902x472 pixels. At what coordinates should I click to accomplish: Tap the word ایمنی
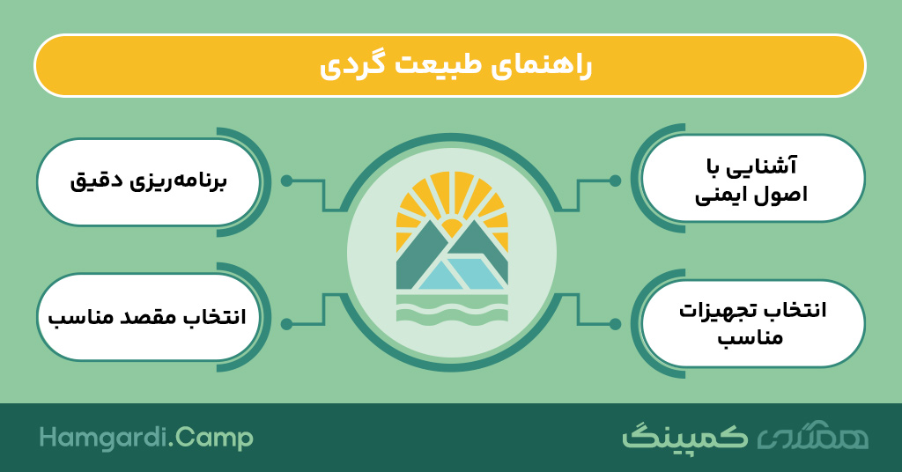coord(717,195)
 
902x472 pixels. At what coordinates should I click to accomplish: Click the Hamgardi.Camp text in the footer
coord(146,439)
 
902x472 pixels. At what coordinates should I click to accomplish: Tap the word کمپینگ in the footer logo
coord(685,438)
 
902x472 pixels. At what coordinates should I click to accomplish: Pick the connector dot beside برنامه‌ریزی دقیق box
coord(287,181)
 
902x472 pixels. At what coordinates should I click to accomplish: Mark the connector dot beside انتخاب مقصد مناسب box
coord(287,324)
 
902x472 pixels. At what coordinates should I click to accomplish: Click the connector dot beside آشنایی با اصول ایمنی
coord(615,181)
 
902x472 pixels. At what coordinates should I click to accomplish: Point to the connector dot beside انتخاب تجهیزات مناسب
coord(615,324)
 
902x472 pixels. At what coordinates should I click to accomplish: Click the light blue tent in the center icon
coord(460,274)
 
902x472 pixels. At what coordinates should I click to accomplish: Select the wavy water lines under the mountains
coord(452,308)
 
